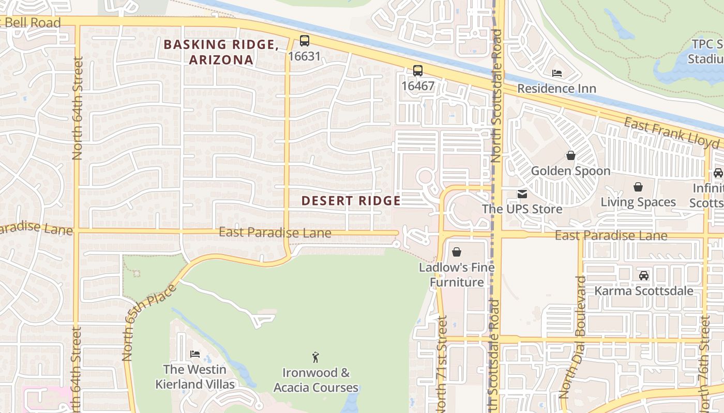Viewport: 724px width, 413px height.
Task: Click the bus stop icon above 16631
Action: click(305, 41)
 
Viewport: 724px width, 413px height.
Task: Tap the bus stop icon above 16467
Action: click(417, 71)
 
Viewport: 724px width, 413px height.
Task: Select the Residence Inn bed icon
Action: click(557, 73)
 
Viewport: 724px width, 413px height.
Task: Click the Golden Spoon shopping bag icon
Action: click(571, 155)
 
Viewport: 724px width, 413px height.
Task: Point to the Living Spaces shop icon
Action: click(638, 187)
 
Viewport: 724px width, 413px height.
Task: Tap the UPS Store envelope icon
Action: click(522, 194)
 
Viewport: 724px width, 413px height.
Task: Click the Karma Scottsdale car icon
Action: click(644, 276)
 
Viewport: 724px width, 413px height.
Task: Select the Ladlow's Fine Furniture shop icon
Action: click(457, 252)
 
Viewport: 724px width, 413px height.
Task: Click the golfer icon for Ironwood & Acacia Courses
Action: click(315, 357)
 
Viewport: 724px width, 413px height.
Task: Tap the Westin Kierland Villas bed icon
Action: click(195, 354)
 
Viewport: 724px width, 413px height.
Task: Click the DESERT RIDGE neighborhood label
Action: click(351, 201)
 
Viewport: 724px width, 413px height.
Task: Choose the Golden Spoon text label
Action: click(571, 171)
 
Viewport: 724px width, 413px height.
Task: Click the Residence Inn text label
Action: click(557, 89)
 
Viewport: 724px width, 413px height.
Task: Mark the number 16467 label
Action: click(418, 86)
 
